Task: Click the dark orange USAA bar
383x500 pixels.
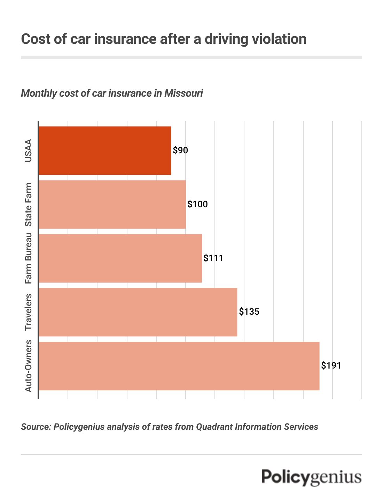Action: click(105, 151)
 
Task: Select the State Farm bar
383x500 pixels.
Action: click(112, 204)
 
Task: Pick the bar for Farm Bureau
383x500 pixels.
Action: click(120, 258)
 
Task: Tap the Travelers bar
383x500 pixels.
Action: click(138, 312)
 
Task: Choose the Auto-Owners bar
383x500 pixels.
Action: click(179, 366)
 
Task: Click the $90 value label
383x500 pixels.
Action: click(180, 151)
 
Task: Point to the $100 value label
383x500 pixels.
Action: click(197, 204)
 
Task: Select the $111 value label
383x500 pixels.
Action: click(213, 258)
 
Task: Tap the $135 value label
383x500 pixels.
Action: click(249, 312)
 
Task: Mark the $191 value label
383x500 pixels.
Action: click(331, 366)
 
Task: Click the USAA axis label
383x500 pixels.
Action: click(28, 151)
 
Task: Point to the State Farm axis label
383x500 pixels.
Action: click(28, 204)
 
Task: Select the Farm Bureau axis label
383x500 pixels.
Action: click(28, 258)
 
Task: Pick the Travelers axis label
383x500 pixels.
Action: click(28, 312)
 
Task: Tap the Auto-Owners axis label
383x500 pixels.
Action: click(28, 366)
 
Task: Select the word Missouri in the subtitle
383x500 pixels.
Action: click(183, 94)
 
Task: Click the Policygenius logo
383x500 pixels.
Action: click(311, 477)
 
